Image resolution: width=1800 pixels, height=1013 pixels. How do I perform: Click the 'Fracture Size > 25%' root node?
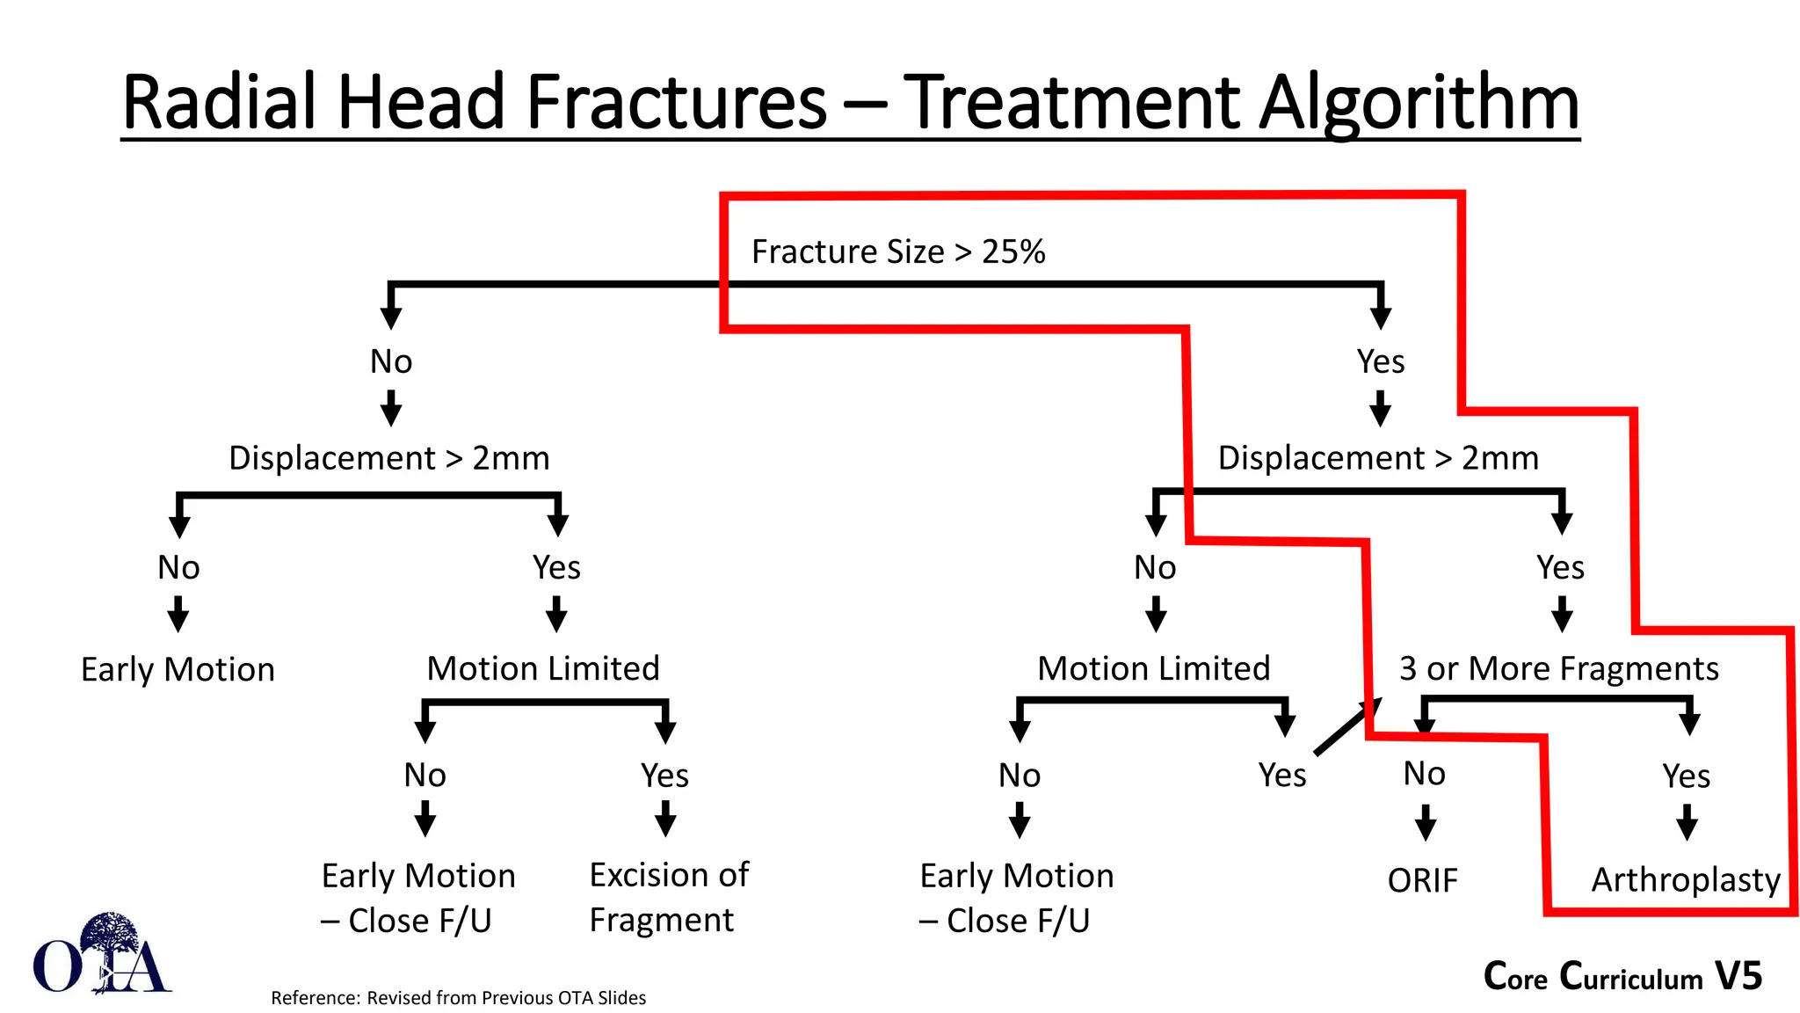click(897, 252)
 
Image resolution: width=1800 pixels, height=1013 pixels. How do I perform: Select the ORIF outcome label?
click(1422, 880)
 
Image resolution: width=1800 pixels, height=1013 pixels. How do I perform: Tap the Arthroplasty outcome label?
click(1685, 880)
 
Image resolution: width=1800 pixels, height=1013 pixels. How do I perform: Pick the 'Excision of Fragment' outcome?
click(668, 897)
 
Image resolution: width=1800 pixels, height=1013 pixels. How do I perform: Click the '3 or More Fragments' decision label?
click(1558, 669)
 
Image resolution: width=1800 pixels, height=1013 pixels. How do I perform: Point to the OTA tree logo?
click(102, 954)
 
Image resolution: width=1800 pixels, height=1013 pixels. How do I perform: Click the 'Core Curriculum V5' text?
click(1622, 976)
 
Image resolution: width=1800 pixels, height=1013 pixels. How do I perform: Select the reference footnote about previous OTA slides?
click(458, 998)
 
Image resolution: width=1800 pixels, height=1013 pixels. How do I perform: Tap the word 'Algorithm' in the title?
click(1418, 104)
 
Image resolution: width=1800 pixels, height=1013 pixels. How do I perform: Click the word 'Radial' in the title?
click(219, 104)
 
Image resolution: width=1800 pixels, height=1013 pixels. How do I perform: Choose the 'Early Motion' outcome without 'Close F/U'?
click(178, 670)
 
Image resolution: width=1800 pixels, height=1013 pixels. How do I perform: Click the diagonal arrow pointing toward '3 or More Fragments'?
click(1347, 726)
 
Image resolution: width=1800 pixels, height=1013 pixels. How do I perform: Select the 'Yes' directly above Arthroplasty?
click(1686, 776)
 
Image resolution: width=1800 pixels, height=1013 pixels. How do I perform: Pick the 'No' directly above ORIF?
click(1424, 774)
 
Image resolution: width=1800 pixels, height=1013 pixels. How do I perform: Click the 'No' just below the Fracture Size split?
click(391, 361)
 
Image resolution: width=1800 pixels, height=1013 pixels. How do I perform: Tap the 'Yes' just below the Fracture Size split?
click(1380, 361)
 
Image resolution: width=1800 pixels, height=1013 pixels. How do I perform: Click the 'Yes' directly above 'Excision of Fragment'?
click(664, 776)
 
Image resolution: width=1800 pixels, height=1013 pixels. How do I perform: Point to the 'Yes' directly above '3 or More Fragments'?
click(1560, 568)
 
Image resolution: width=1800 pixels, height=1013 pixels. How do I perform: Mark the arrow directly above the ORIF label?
click(1425, 823)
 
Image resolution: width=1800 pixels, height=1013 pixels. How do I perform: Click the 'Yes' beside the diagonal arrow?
click(1281, 776)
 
